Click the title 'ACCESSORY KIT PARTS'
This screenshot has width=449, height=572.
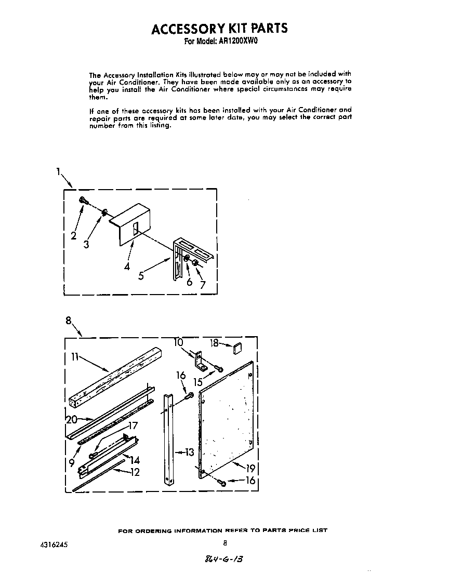coord(219,28)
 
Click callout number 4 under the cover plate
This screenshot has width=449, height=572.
coord(127,267)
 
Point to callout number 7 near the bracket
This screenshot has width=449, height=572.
coord(202,284)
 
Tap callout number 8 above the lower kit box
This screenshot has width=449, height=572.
coord(69,321)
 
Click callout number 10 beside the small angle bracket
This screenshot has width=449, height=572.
coord(179,342)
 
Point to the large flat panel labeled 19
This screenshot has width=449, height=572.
coord(226,418)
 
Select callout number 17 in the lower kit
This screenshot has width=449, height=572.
coord(133,425)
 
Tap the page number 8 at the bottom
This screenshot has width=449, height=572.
coord(225,543)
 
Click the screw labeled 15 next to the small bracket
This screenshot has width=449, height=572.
coord(219,369)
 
